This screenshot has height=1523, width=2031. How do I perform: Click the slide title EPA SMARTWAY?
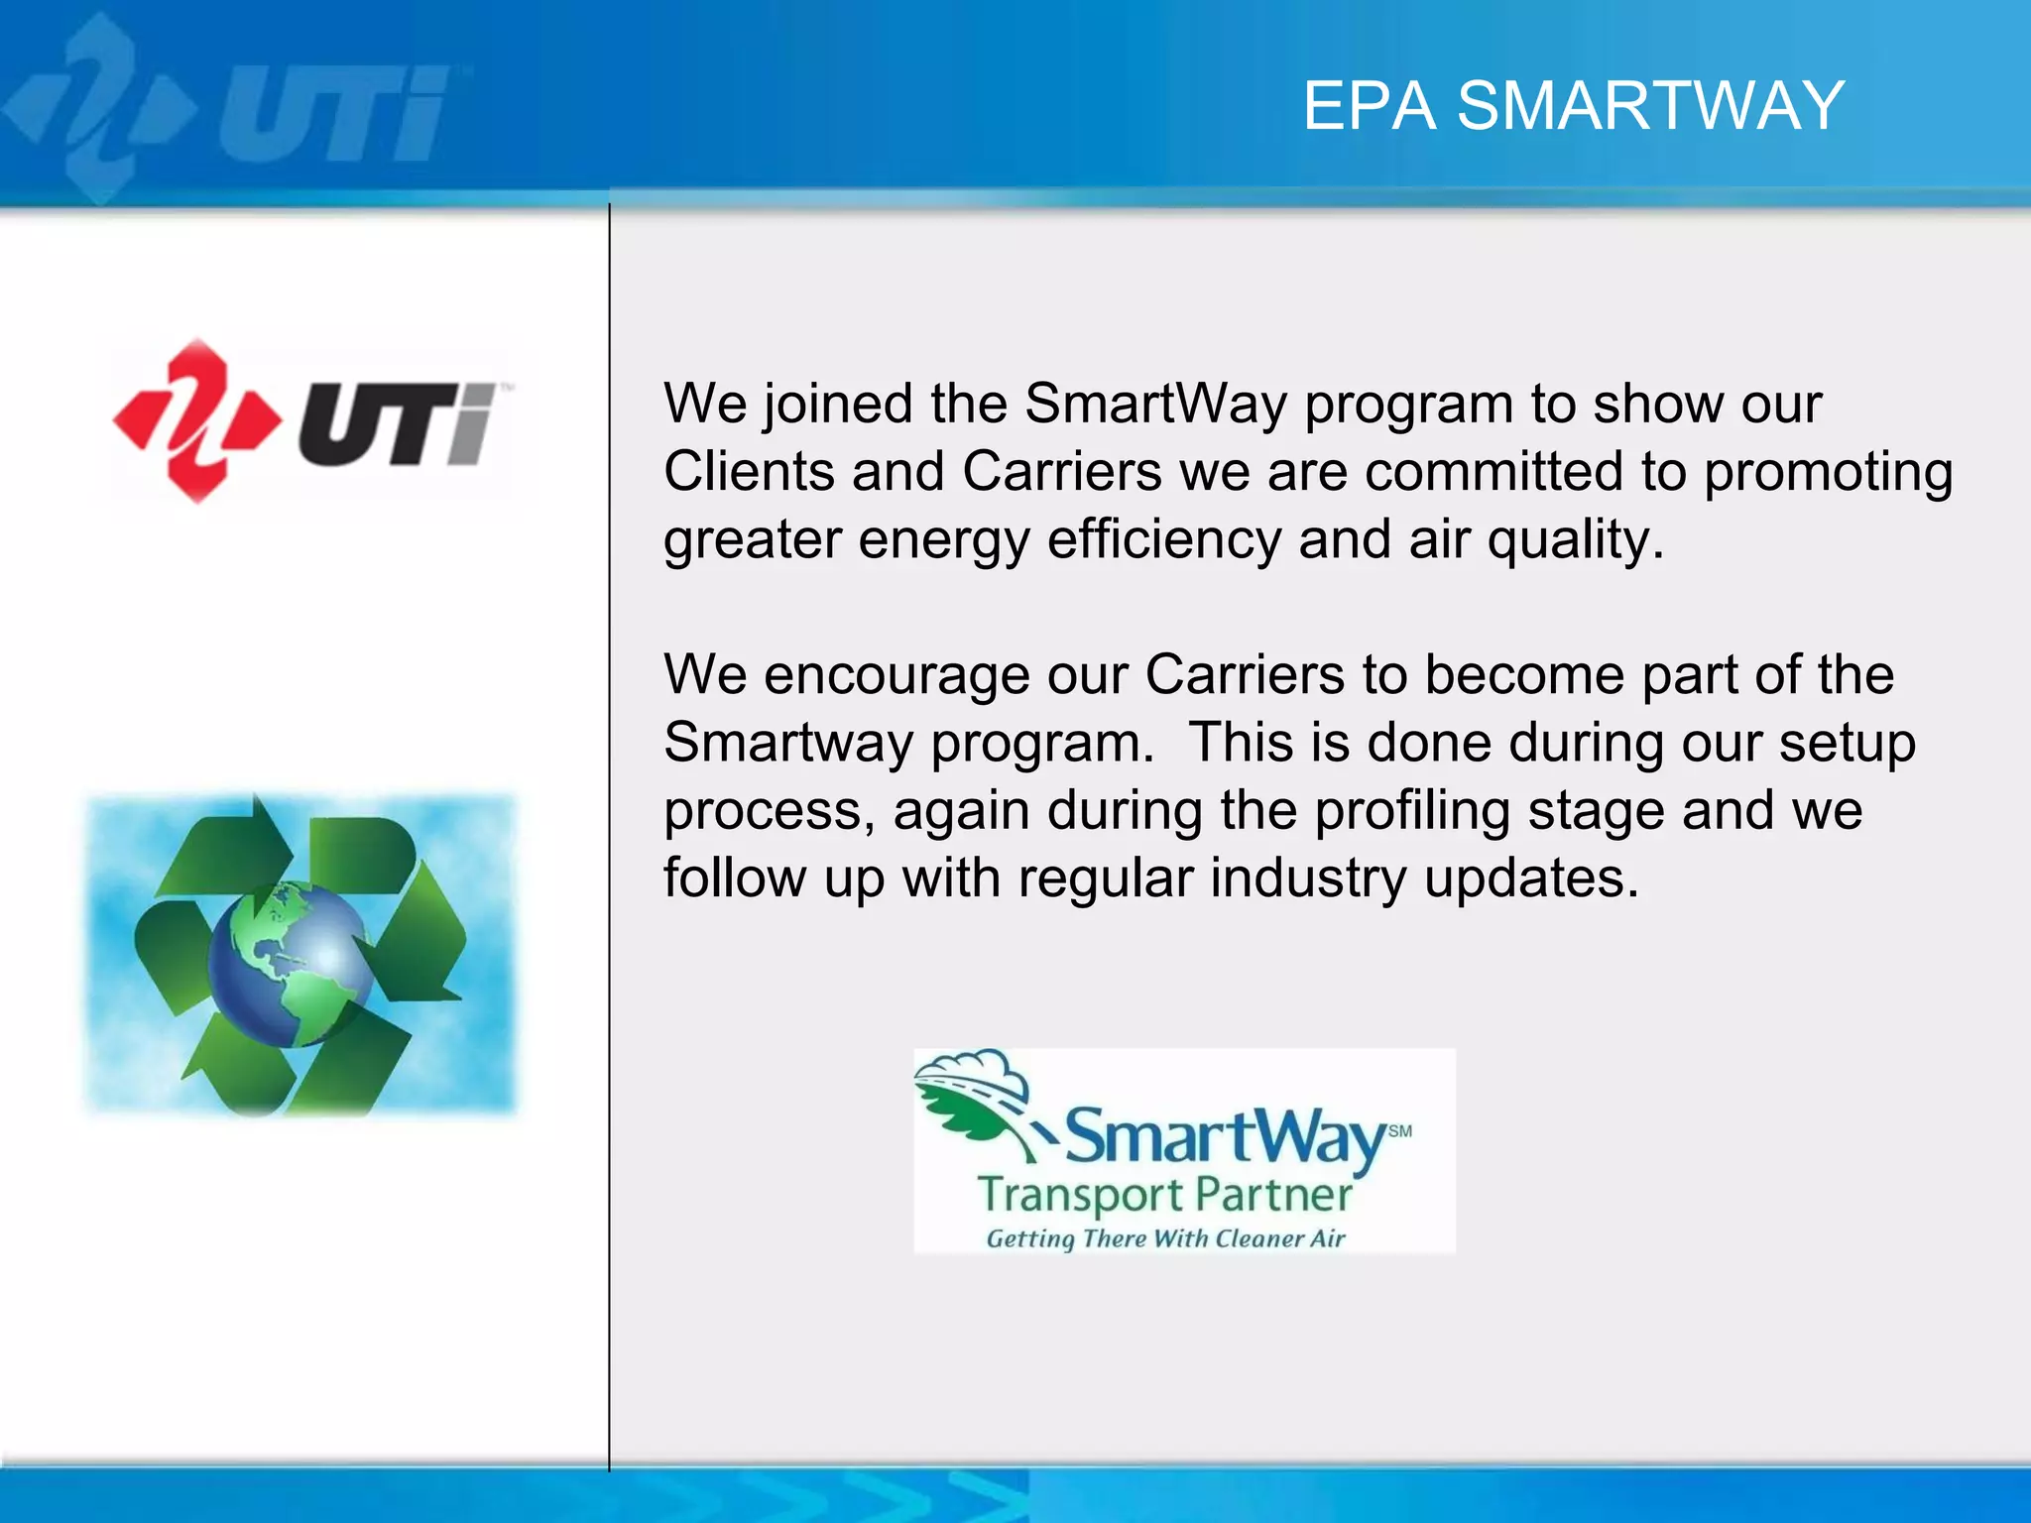1573,105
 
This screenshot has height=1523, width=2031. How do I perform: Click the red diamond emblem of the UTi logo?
196,420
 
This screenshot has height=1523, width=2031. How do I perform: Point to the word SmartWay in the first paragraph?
1155,405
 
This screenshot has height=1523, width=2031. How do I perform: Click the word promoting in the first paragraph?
1828,473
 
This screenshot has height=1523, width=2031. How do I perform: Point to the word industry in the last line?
1307,879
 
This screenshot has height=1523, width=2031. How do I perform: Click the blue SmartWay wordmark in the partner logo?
1225,1136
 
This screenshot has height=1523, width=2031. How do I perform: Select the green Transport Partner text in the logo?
1164,1195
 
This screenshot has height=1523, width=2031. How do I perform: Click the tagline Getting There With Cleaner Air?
1165,1238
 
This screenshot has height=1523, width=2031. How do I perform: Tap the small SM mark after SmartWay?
1399,1130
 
